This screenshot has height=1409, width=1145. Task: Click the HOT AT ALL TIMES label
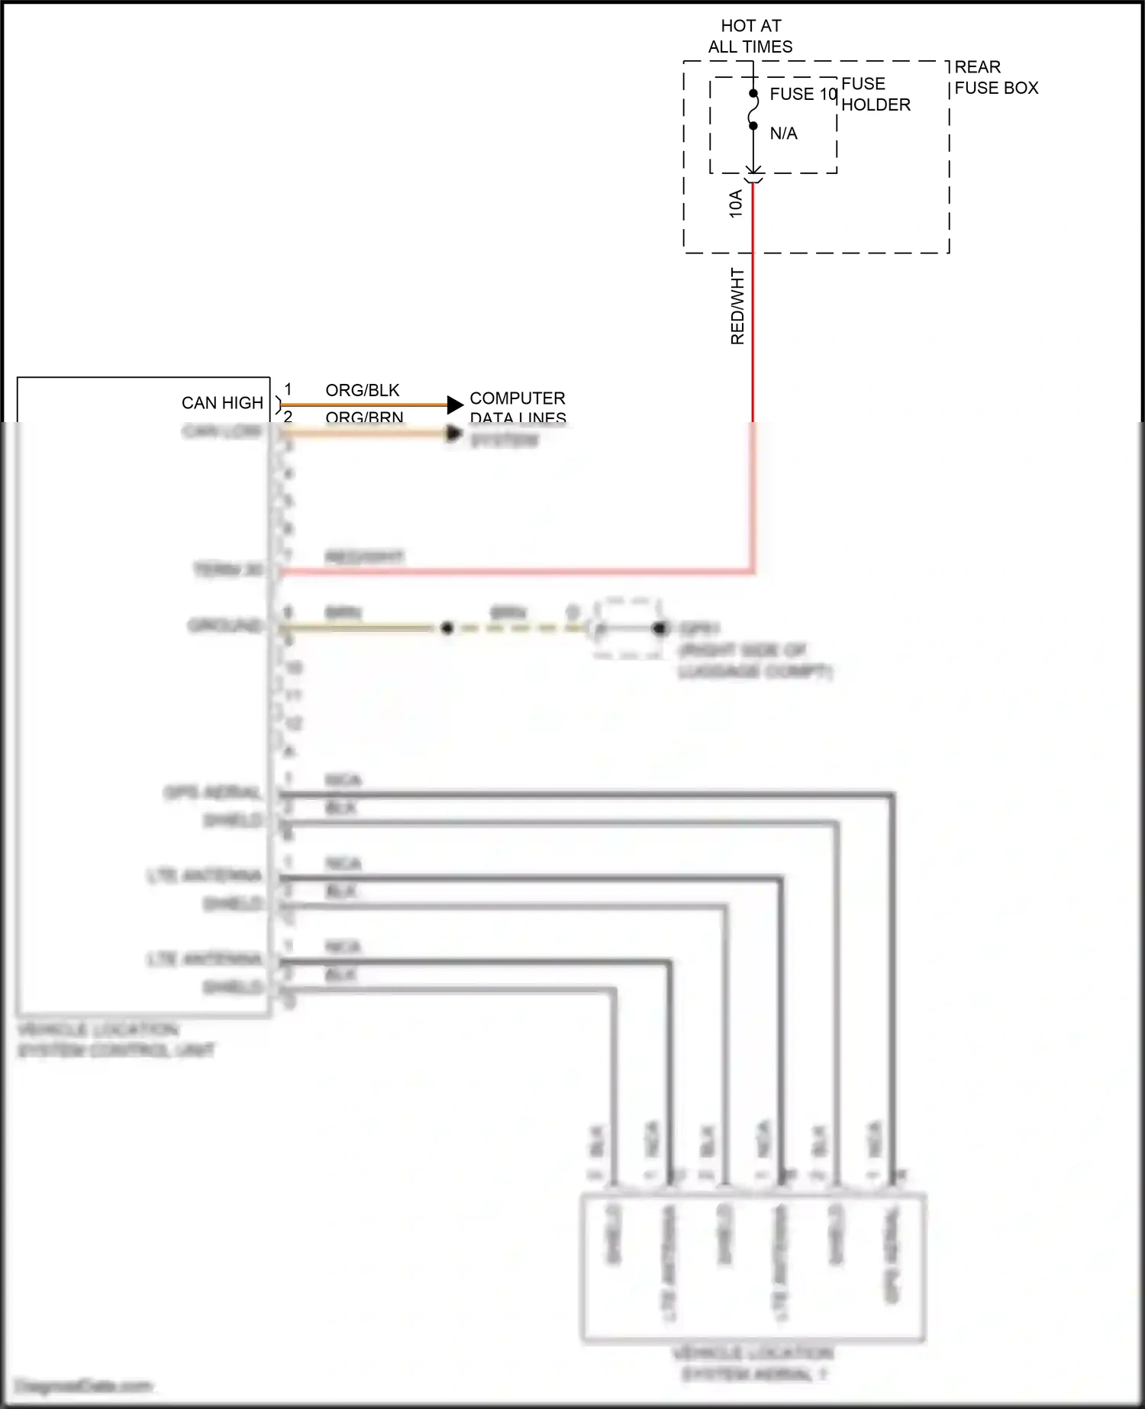click(x=750, y=37)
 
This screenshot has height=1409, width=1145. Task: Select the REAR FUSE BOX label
click(x=996, y=78)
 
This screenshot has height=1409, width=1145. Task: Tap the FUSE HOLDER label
click(x=876, y=95)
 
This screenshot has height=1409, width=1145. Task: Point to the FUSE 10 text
click(x=803, y=94)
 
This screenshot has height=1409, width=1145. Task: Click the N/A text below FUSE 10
click(x=783, y=134)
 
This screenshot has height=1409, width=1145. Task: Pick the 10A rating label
click(x=736, y=204)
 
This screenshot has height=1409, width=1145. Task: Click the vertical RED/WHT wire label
click(x=737, y=305)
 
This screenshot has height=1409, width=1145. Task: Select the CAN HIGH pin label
click(x=222, y=403)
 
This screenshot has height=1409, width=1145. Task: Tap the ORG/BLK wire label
click(x=362, y=391)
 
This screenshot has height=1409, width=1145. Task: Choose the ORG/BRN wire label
click(x=364, y=417)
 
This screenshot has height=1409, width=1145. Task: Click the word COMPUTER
click(x=517, y=398)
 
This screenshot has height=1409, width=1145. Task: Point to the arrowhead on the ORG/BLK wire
click(x=455, y=405)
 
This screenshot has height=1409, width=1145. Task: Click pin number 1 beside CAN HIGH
click(x=288, y=390)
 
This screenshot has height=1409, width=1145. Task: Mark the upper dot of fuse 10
click(x=753, y=94)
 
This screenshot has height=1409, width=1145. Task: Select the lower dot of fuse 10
click(x=753, y=126)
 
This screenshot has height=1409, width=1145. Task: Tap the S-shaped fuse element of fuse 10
click(x=753, y=110)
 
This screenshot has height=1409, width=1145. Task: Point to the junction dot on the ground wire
click(x=447, y=628)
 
